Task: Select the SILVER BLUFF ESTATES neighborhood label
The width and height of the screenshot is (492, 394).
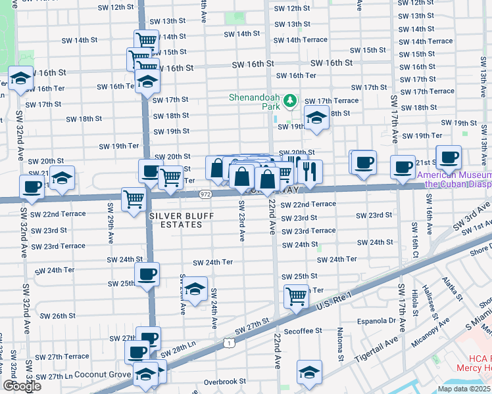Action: pos(176,220)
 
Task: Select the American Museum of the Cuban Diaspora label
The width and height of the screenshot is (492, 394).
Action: pos(454,179)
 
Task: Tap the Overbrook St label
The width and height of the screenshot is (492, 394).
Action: pos(224,381)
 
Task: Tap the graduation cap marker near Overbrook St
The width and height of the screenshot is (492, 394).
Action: pos(309,371)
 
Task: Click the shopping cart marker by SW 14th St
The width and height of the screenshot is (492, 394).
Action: pos(146,39)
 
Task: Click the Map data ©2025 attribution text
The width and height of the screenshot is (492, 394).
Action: pos(464,389)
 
